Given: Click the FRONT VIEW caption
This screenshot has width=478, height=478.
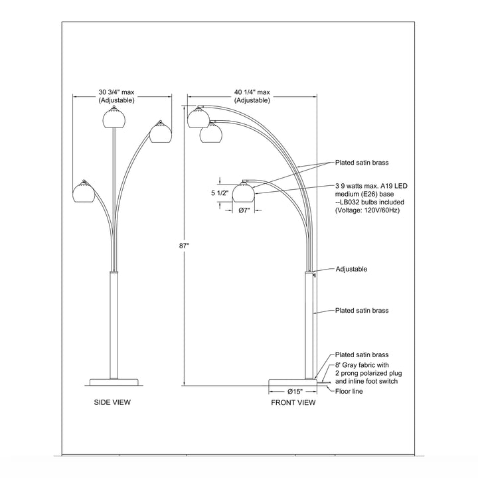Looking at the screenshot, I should (293, 402).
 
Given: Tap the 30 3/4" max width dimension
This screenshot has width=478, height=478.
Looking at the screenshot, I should (117, 96).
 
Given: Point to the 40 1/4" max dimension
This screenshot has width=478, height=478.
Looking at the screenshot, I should (252, 96).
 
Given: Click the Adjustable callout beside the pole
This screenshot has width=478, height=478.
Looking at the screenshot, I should (351, 270).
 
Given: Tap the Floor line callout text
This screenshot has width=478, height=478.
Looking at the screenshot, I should (350, 391).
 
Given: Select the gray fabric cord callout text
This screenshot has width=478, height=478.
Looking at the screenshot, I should (368, 374).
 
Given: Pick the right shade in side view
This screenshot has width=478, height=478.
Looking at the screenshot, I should (159, 133).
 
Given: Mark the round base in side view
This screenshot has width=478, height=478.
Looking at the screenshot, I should (115, 382).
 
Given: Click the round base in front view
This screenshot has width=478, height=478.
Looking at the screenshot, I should (293, 382).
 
